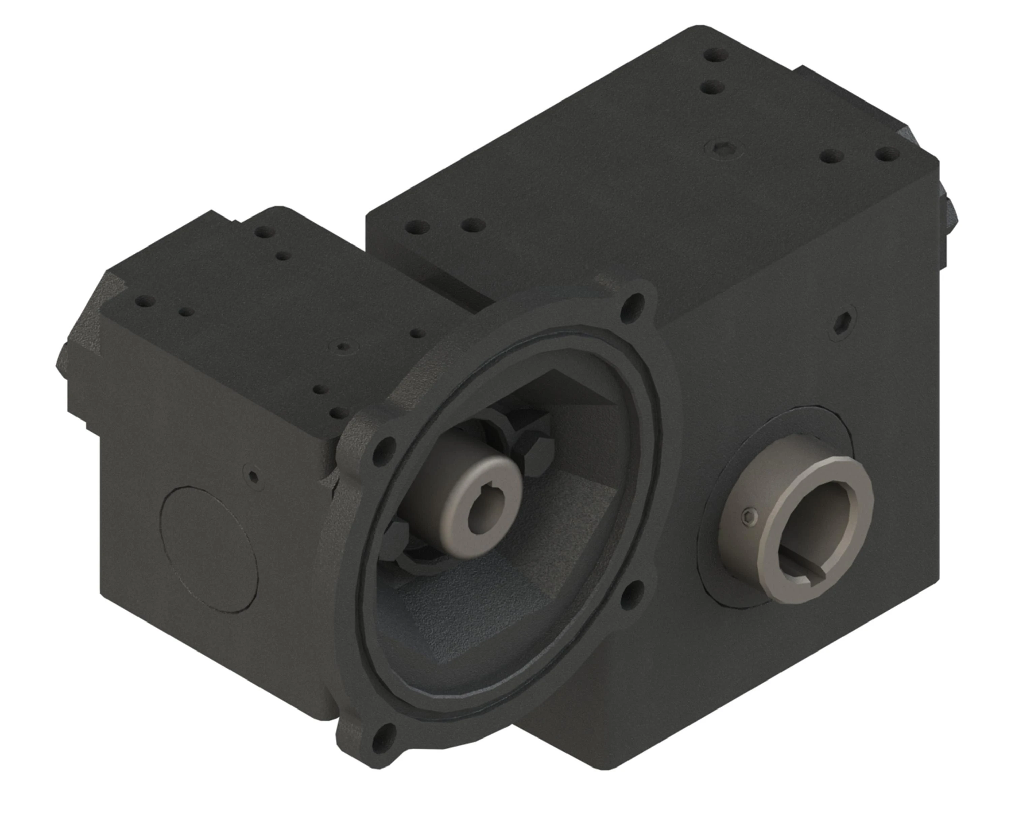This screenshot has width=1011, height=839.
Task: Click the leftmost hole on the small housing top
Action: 145,302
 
